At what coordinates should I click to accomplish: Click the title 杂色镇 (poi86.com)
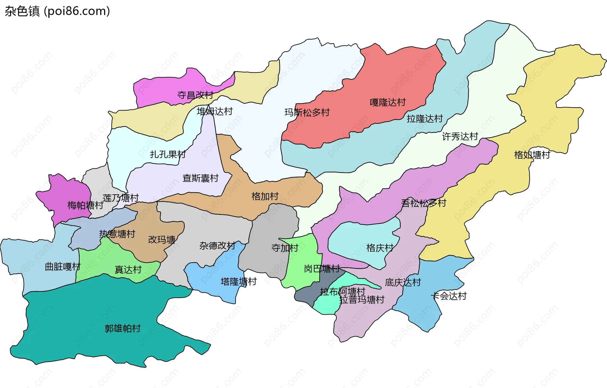tap(57, 11)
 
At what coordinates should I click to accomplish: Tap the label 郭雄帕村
tap(123, 329)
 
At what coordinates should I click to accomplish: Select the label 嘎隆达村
tap(388, 103)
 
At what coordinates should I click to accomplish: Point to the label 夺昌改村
tap(195, 95)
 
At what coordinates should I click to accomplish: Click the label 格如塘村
tap(532, 155)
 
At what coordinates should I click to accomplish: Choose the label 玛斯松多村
tap(307, 113)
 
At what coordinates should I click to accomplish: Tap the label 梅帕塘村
tap(85, 205)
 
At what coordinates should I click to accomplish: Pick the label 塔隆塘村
tap(239, 282)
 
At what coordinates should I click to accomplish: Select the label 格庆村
tap(380, 248)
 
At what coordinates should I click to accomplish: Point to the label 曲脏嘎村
tap(63, 267)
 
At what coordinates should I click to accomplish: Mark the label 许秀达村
tap(460, 137)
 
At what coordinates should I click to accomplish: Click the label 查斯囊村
tap(200, 178)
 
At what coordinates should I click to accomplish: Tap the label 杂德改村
tap(218, 246)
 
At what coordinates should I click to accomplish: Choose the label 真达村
tap(128, 270)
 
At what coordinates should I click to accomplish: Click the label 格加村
tap(265, 197)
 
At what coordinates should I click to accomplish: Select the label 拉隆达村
tap(425, 119)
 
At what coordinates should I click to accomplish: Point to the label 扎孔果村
tap(168, 154)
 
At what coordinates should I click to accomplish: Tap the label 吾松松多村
tap(424, 203)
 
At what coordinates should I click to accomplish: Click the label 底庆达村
tap(403, 283)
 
